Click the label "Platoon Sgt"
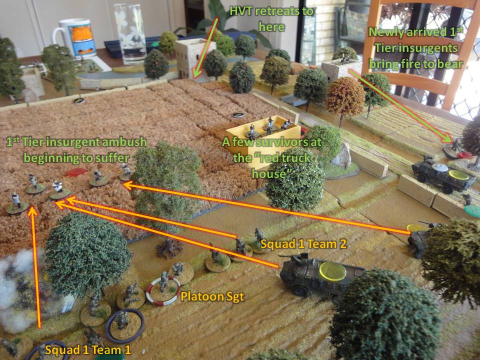pyautogui.click(x=212, y=296)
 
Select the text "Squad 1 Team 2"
pyautogui.click(x=303, y=244)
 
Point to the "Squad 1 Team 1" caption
pyautogui.click(x=88, y=350)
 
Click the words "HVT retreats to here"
pyautogui.click(x=271, y=19)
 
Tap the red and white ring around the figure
pyautogui.click(x=163, y=291)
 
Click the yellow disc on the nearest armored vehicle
pyautogui.click(x=333, y=271)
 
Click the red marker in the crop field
pyautogui.click(x=76, y=172)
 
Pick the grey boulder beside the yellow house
pyautogui.click(x=341, y=155)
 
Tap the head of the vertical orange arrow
pyautogui.click(x=33, y=211)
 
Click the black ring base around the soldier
pyautogui.click(x=125, y=325)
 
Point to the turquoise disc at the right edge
pyautogui.click(x=472, y=211)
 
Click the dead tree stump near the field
pyautogui.click(x=169, y=248)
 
